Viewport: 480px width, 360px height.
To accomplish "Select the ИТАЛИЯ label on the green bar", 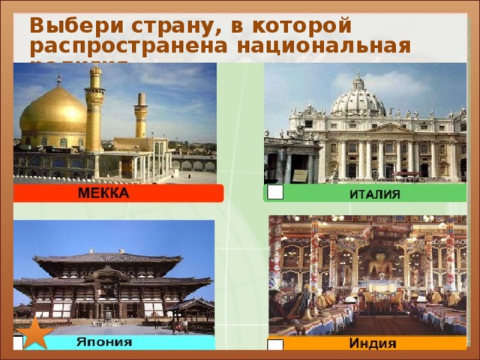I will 375,193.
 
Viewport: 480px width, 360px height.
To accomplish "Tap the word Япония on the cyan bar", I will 105,342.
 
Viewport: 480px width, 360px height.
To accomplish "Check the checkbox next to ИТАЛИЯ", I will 275,192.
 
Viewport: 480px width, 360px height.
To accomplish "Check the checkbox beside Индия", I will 275,346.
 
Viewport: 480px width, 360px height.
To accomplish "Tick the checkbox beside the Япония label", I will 18,343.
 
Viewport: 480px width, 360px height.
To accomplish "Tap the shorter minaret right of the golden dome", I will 141,116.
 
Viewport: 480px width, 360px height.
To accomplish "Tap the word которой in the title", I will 292,25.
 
